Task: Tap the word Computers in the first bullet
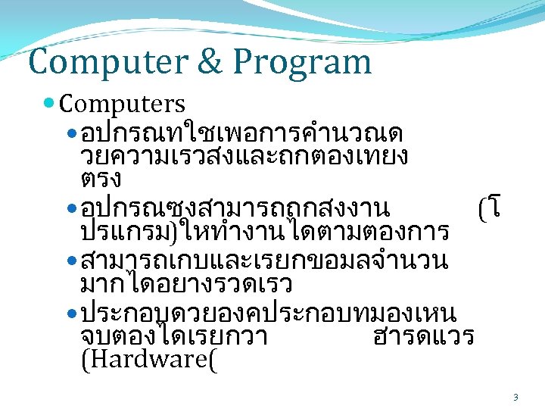pos(121,104)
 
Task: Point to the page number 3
pos(515,397)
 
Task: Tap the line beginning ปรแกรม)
pos(265,231)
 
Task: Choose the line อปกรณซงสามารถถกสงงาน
pos(235,207)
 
